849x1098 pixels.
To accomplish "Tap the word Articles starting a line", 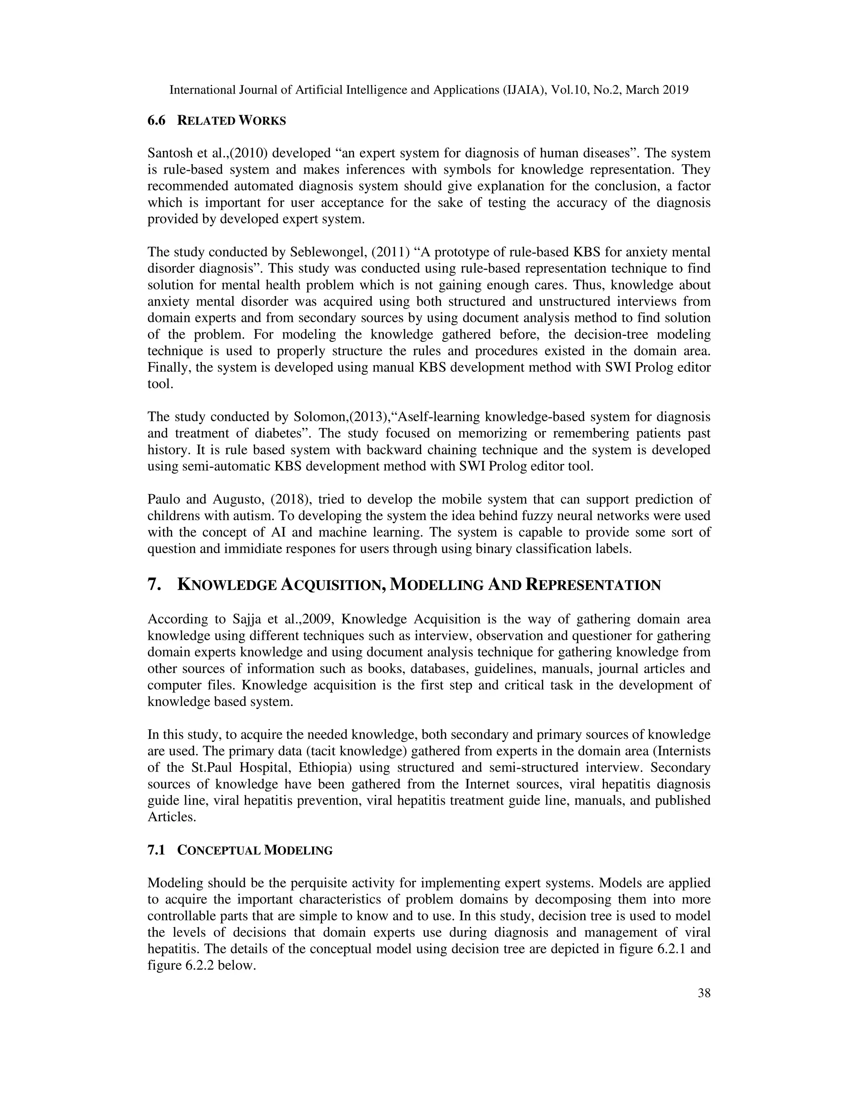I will coord(170,817).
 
